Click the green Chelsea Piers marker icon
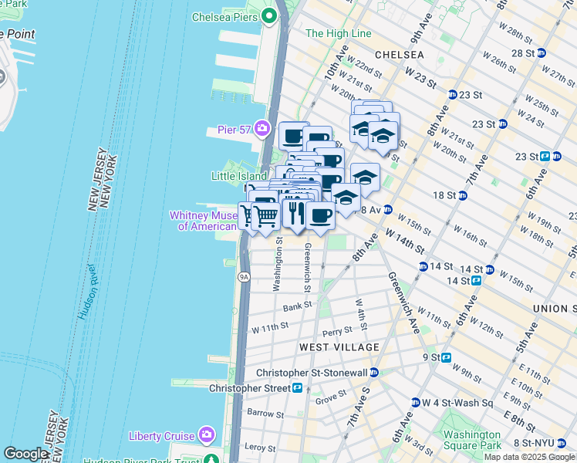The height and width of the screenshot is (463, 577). (x=268, y=15)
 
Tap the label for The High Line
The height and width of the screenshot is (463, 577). (x=338, y=34)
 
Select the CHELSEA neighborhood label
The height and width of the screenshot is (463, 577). (x=399, y=55)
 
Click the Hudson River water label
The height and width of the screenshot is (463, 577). (x=87, y=292)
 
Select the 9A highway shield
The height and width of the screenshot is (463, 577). (x=244, y=276)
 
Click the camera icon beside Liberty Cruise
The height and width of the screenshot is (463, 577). (x=206, y=436)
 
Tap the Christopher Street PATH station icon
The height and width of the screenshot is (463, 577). (x=297, y=387)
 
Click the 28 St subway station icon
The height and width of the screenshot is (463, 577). (x=542, y=53)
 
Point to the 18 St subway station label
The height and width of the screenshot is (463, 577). (x=444, y=196)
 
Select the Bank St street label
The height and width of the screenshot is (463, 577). (x=296, y=306)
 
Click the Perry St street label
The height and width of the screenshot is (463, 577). (x=337, y=331)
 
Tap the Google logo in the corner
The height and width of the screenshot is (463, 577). (x=25, y=454)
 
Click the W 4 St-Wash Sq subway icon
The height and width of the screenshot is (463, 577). (x=416, y=403)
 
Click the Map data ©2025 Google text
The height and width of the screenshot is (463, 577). (x=529, y=457)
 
